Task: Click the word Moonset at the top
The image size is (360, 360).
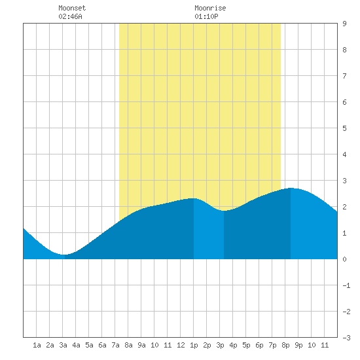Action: click(72, 8)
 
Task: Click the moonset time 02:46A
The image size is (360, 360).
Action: click(70, 16)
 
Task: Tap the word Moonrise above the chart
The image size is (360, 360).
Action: click(210, 8)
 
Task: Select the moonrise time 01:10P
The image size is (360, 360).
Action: click(206, 16)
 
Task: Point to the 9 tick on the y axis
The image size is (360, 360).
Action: click(344, 24)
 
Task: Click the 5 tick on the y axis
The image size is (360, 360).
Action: click(344, 128)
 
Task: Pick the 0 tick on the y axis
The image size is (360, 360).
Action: click(344, 259)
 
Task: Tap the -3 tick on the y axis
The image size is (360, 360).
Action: click(347, 338)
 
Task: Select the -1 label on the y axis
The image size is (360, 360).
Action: click(347, 285)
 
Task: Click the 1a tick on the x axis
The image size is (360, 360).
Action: click(37, 345)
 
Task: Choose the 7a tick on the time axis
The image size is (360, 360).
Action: click(115, 345)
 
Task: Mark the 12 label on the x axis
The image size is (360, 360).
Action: click(181, 345)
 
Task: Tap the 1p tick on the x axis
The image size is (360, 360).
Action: click(194, 345)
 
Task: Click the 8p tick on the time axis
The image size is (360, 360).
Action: click(285, 345)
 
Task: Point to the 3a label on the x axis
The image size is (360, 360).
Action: click(63, 345)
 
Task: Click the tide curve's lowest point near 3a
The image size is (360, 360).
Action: click(64, 255)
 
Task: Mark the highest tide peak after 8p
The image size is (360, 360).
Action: click(291, 188)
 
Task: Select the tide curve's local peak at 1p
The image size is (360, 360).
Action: click(194, 198)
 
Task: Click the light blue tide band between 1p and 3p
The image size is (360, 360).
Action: click(209, 232)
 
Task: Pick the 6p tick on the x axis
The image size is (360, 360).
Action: click(259, 345)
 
